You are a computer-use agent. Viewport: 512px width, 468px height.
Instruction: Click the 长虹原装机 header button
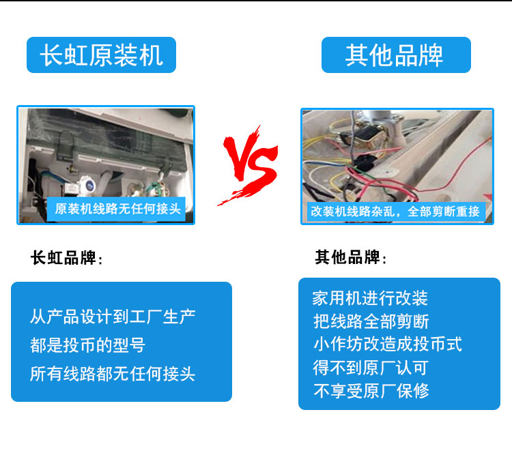101,55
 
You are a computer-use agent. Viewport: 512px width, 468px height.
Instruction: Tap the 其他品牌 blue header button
396,55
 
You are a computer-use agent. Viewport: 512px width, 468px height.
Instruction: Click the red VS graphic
248,165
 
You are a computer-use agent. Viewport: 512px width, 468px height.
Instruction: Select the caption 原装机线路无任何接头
117,209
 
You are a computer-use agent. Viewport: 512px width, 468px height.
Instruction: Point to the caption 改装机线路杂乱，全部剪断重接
395,211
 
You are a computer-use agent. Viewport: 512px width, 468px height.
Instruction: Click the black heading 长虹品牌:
67,258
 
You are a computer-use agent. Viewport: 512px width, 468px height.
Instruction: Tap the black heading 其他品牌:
351,257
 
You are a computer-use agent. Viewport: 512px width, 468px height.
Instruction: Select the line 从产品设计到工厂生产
113,317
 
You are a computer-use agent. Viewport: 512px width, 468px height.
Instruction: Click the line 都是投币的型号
87,345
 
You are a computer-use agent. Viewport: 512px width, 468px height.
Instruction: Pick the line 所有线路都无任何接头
113,374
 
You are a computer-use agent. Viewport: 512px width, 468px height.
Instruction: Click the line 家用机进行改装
370,298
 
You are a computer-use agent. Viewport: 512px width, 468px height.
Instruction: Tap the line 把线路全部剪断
371,321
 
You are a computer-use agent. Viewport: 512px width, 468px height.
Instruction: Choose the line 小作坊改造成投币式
388,345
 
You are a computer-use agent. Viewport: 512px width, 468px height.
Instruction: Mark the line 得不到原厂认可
371,368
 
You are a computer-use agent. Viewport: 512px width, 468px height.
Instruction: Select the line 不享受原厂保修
371,391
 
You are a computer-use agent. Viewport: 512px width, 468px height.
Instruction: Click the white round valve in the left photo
87,185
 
